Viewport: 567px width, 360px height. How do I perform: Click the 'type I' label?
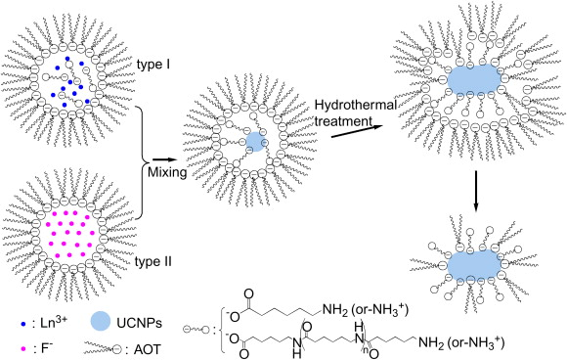[153, 66]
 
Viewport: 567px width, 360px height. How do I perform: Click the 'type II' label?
[153, 261]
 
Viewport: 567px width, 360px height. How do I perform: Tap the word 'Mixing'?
[167, 172]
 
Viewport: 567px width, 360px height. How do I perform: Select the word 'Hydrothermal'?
[356, 105]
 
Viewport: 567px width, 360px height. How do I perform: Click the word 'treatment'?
[343, 121]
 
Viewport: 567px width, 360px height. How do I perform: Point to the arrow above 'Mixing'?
[165, 159]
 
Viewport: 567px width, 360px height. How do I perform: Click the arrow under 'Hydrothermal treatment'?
[357, 131]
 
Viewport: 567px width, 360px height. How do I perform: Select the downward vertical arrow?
[475, 191]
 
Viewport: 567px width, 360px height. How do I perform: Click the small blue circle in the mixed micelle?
[255, 142]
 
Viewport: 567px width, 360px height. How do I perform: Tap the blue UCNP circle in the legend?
[100, 322]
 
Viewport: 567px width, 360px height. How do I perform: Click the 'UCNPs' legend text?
[140, 323]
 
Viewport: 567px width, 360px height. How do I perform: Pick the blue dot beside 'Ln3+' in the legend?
[23, 324]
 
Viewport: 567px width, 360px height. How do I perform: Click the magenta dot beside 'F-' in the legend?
[23, 349]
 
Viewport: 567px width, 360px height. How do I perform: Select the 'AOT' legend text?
[148, 350]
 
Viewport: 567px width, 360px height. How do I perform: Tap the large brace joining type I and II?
[142, 162]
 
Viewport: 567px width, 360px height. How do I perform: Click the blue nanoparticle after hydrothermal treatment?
[474, 79]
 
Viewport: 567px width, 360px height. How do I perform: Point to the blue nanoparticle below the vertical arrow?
[474, 264]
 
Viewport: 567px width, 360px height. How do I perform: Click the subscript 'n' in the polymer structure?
[366, 350]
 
